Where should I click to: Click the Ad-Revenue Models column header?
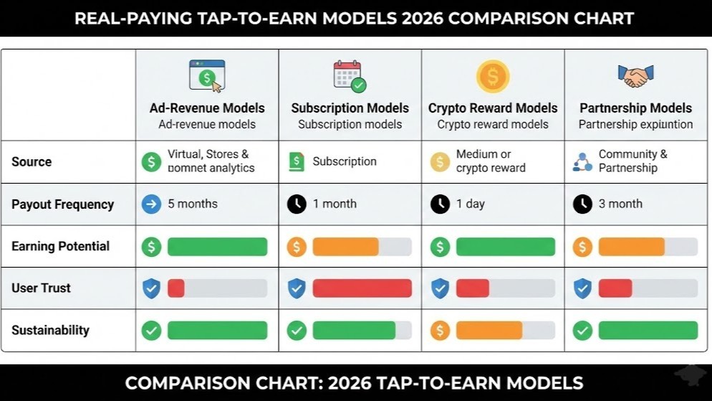click(x=207, y=108)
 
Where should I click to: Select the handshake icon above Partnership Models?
click(x=635, y=75)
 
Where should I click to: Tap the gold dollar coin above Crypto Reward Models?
click(x=493, y=76)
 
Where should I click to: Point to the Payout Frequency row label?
click(x=62, y=204)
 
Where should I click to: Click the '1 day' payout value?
click(x=471, y=204)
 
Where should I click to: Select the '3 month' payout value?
click(x=620, y=204)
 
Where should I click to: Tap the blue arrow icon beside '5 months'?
click(x=151, y=204)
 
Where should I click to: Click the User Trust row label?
click(x=41, y=288)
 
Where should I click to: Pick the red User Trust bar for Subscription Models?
click(x=362, y=288)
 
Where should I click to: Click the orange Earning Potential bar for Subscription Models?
click(x=345, y=247)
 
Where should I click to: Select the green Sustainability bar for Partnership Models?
click(x=648, y=331)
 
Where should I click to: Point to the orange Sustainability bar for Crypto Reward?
click(x=489, y=331)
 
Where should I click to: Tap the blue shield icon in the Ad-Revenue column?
click(x=151, y=288)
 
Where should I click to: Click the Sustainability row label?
click(x=50, y=331)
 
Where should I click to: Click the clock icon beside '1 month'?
click(x=297, y=204)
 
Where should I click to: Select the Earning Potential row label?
click(x=60, y=247)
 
